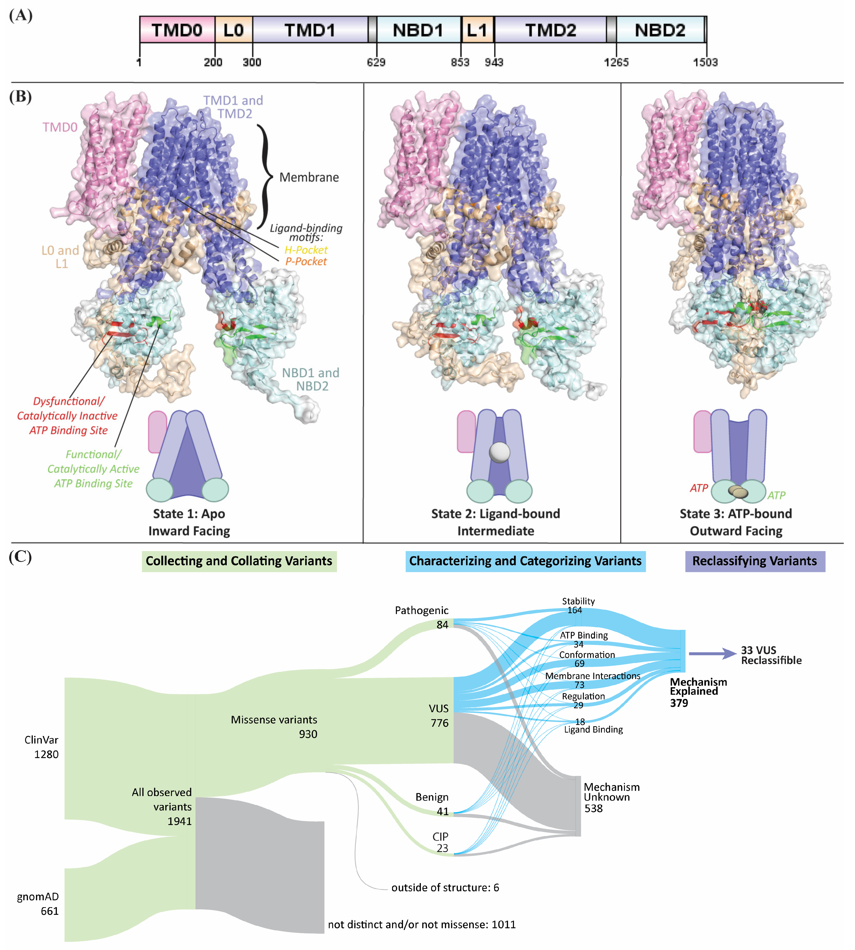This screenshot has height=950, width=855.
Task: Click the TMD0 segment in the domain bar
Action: (177, 30)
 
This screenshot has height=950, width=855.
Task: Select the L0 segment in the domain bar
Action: (233, 30)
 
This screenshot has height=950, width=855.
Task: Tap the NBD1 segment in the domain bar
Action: (418, 30)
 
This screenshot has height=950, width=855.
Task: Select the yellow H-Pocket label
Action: (306, 250)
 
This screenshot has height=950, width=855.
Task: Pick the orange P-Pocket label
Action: (306, 262)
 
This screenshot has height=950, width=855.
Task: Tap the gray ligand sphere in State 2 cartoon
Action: (499, 452)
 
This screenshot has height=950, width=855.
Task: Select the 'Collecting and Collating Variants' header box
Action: (239, 561)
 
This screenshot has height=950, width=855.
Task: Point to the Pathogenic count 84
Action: (442, 625)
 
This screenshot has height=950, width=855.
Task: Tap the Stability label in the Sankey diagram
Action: (578, 601)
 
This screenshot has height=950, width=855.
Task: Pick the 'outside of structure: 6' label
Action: (445, 888)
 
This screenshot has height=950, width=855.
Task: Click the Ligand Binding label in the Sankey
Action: (593, 730)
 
